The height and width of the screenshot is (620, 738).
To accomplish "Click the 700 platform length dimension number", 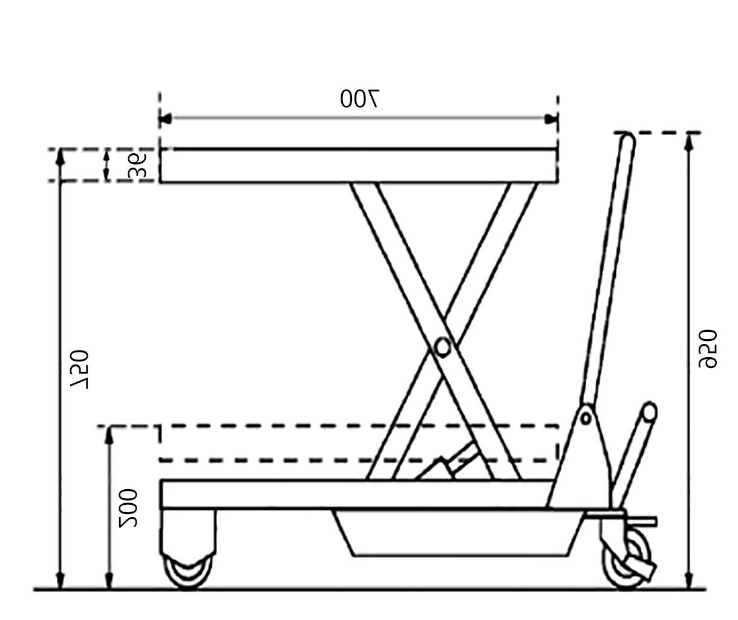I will pos(359,99).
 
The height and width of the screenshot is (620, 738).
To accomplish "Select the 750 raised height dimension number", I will pos(79,369).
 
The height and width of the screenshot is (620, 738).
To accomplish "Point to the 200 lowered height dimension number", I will pos(128,507).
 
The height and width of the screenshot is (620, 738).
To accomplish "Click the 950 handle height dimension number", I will pos(708,349).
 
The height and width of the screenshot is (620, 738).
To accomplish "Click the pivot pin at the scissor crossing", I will pos(442,348).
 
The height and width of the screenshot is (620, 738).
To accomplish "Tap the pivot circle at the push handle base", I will pos(586,417).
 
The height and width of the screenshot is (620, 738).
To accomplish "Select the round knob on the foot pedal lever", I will pos(649,412).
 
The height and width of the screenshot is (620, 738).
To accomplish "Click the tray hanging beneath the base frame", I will pos(457,533).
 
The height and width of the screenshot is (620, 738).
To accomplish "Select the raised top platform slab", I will pos(358,165).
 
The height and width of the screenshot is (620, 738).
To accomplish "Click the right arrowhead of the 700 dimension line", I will pos(551,119).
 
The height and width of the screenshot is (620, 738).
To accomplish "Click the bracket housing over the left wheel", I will pos(188,532).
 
